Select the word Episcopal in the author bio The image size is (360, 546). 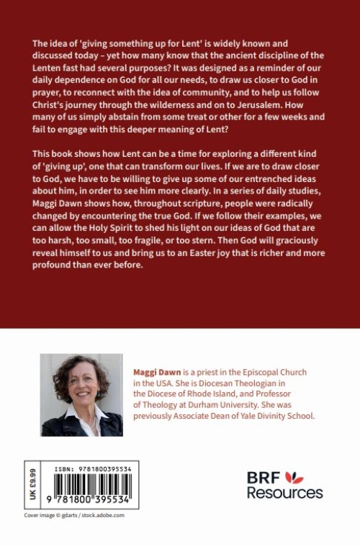[251, 373]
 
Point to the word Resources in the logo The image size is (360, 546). [284, 493]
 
